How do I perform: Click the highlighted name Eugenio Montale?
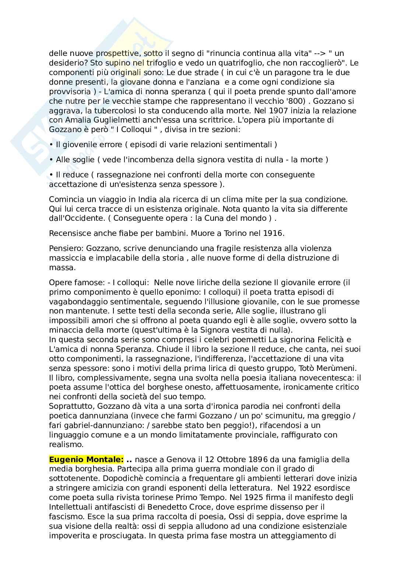[87, 460]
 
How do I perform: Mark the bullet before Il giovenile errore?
[51, 145]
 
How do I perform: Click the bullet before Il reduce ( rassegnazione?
[51, 175]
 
